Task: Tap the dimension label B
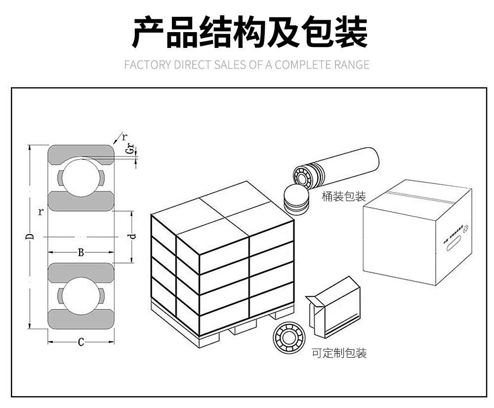pos(81,253)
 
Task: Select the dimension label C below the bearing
pos(81,342)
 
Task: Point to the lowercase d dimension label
pos(132,236)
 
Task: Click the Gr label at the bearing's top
pos(129,148)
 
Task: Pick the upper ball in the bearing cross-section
pos(81,177)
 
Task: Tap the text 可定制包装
pos(339,353)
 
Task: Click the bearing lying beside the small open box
pos(289,337)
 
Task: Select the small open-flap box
pos(334,307)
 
